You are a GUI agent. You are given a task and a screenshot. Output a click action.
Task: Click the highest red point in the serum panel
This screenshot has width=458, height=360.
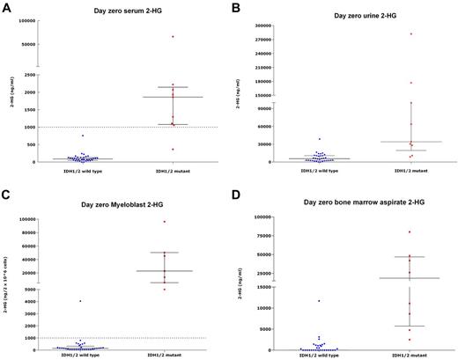173,37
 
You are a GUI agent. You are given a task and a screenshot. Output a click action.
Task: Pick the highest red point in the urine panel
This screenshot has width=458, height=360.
410,34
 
